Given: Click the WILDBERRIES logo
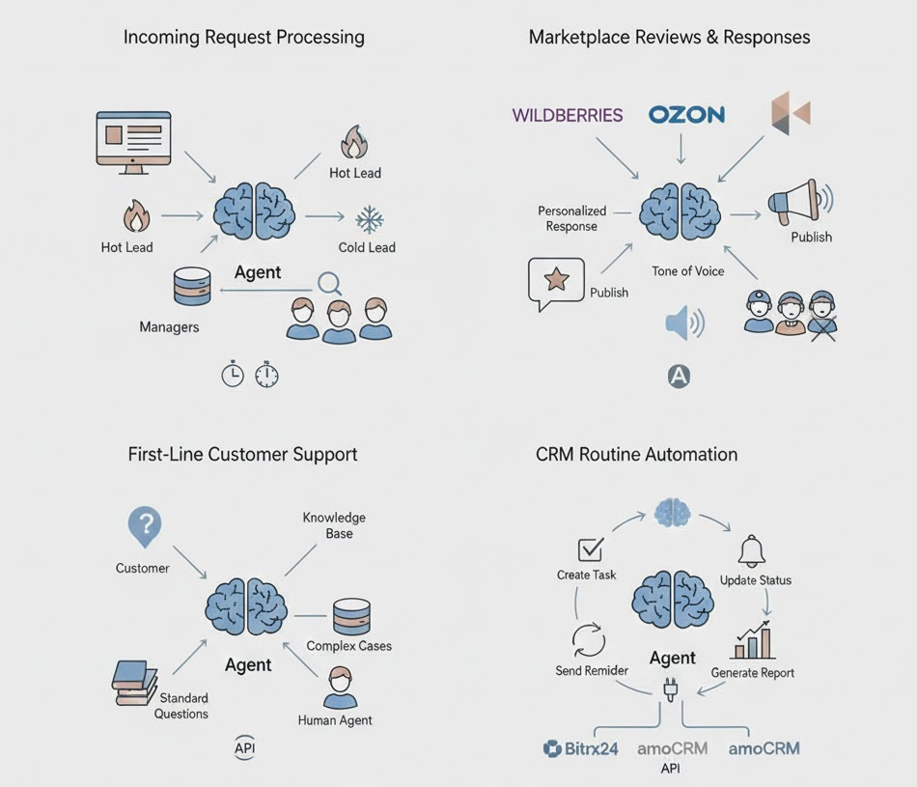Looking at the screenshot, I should coord(567,115).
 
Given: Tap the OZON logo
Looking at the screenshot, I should coord(686,114).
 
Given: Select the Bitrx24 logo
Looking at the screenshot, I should coord(580,747).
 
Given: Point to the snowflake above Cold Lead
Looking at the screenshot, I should coord(369,219).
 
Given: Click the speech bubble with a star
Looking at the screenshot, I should coord(556,282).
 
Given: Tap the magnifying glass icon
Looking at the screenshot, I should coord(330,283).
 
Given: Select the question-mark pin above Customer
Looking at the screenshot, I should coord(144,527).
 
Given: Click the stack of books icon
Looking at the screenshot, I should coord(133,681).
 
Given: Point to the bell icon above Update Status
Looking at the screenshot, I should coord(752,551).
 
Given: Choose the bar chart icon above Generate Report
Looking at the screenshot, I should coord(753,641).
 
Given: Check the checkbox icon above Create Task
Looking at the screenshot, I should coord(590,549).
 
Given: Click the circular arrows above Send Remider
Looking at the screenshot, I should coord(588,639).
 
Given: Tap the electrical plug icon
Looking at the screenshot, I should coord(669,690).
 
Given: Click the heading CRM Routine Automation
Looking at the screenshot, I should coord(636,454).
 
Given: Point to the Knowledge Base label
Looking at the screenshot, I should coord(334,525).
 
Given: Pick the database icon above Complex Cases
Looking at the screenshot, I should coord(351,616).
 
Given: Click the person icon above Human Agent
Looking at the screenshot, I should coord(340,687).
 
